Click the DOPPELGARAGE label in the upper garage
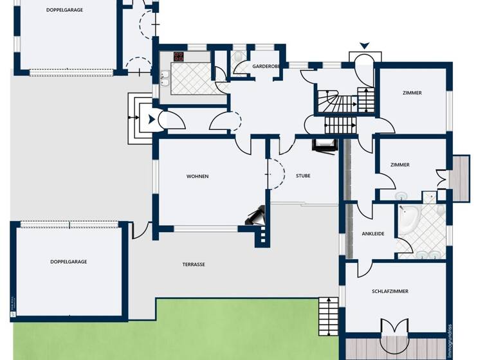[64, 10]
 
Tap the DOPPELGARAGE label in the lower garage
[69, 262]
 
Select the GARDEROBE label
[265, 66]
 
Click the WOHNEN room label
[197, 176]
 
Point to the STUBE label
[303, 175]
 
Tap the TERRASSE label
[193, 264]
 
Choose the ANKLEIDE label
[373, 233]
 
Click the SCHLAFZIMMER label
[390, 291]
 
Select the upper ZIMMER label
[412, 93]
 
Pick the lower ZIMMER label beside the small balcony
[399, 165]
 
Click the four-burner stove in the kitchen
[178, 57]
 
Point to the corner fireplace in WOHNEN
[255, 215]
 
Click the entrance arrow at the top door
[365, 46]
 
